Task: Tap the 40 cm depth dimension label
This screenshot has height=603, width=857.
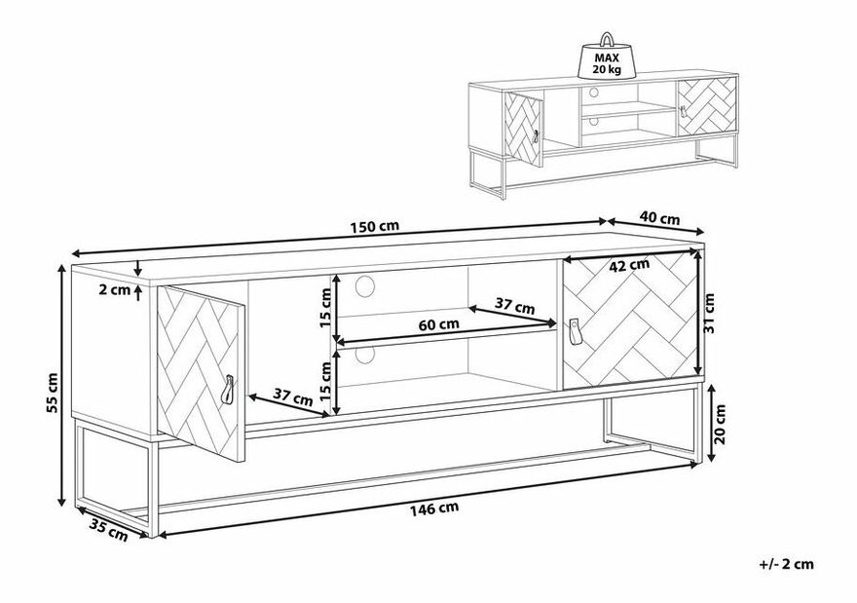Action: [x=660, y=218]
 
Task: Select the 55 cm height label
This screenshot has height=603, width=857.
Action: [x=52, y=393]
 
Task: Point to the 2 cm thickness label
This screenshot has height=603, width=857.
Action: [x=114, y=289]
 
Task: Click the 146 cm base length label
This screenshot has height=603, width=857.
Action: [x=434, y=509]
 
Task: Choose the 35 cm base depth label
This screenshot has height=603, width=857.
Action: [x=108, y=530]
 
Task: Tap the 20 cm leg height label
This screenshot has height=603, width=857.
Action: [x=720, y=424]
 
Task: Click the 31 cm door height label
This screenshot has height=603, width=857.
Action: [x=709, y=313]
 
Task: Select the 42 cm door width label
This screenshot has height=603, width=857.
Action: [x=629, y=266]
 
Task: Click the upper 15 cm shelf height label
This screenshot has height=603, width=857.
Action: [x=324, y=307]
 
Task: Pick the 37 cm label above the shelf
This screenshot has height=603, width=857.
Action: [x=515, y=305]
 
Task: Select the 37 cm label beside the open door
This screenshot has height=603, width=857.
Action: [x=292, y=396]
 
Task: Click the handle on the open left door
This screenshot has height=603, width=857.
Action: [x=228, y=390]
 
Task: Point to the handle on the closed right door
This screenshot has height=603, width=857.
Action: [x=575, y=332]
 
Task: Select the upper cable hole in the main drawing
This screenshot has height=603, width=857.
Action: [x=365, y=286]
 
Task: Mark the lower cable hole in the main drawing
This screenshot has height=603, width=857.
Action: [x=364, y=355]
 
